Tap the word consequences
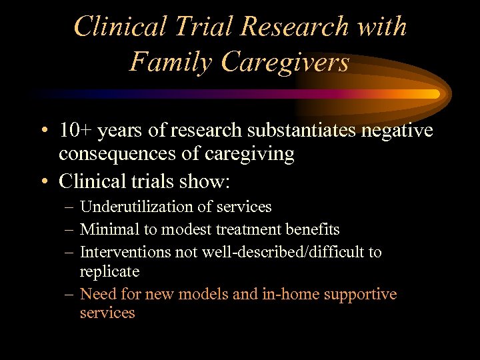pos(116,154)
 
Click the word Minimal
pos(105,230)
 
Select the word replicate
pos(109,271)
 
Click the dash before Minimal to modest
pos(70,230)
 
